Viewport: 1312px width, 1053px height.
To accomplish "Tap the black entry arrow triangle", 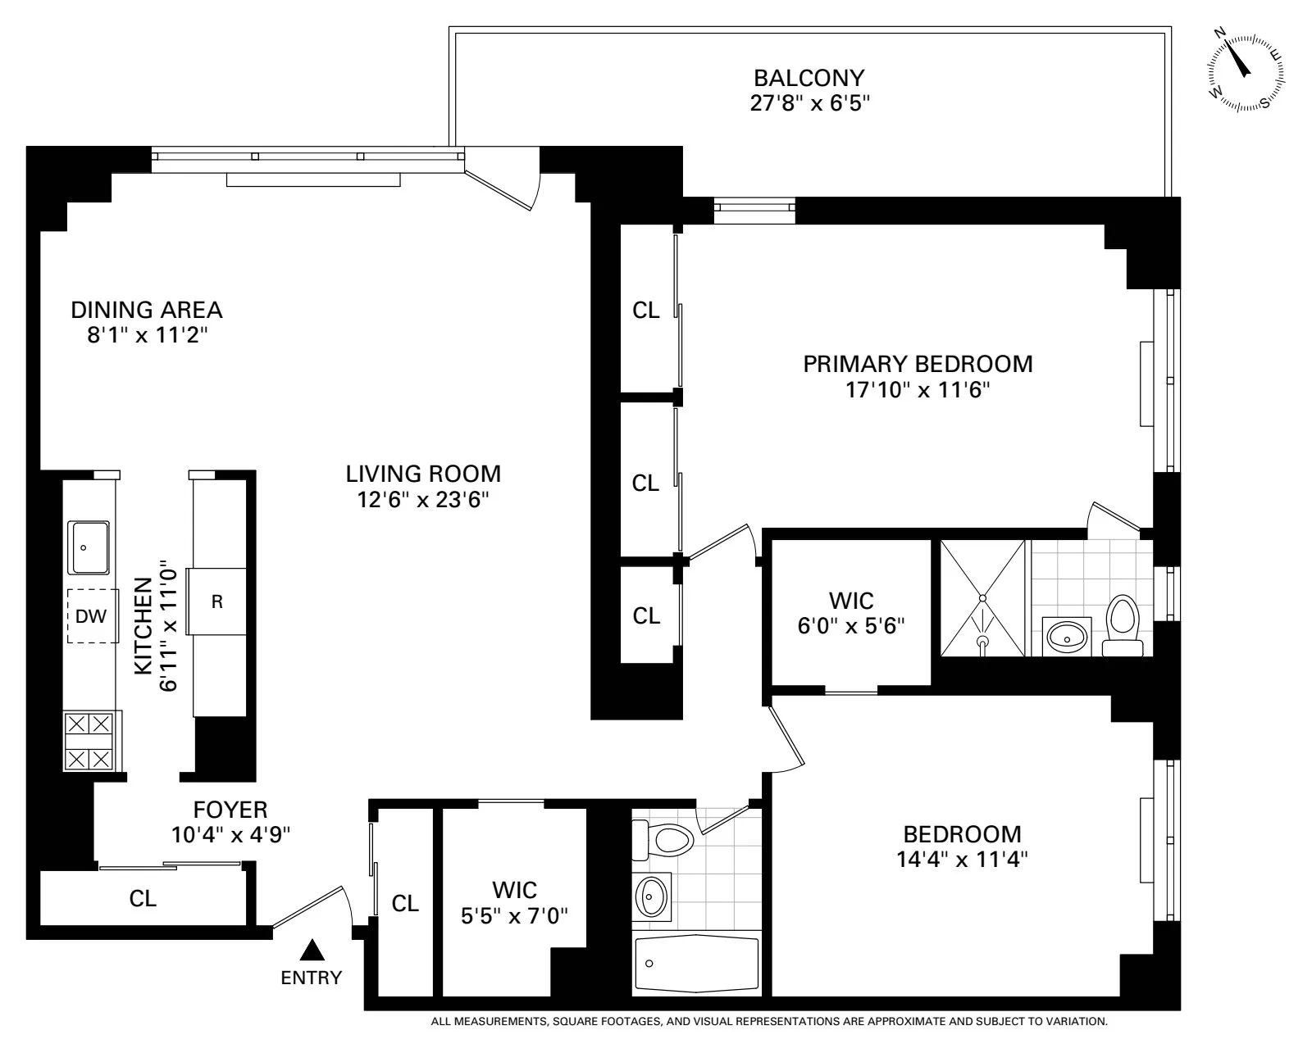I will coord(311,951).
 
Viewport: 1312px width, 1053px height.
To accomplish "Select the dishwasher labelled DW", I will coord(91,616).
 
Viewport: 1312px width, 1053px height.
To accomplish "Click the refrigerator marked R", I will coord(217,601).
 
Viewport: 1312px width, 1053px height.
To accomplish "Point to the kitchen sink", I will coord(89,547).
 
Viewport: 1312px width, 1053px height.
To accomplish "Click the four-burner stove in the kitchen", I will coord(89,741).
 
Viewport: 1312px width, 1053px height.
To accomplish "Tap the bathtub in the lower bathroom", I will coord(696,963).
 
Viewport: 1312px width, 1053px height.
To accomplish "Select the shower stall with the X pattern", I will coord(982,597).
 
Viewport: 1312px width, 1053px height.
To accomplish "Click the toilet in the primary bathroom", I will coord(1122,626).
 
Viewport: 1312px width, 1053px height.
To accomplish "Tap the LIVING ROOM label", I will coord(423,474).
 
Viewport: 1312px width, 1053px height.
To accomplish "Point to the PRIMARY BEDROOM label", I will coord(918,364).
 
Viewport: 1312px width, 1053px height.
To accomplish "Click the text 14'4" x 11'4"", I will coord(962,860).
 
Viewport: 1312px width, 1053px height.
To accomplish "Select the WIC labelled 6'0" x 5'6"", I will coord(851,613).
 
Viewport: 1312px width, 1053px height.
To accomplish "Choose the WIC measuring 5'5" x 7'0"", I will coord(515,902).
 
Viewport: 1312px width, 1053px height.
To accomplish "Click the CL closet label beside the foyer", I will coord(143,898).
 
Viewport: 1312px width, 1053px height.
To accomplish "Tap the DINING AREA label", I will coord(146,310).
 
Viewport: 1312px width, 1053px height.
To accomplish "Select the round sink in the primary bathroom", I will coord(1068,633).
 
